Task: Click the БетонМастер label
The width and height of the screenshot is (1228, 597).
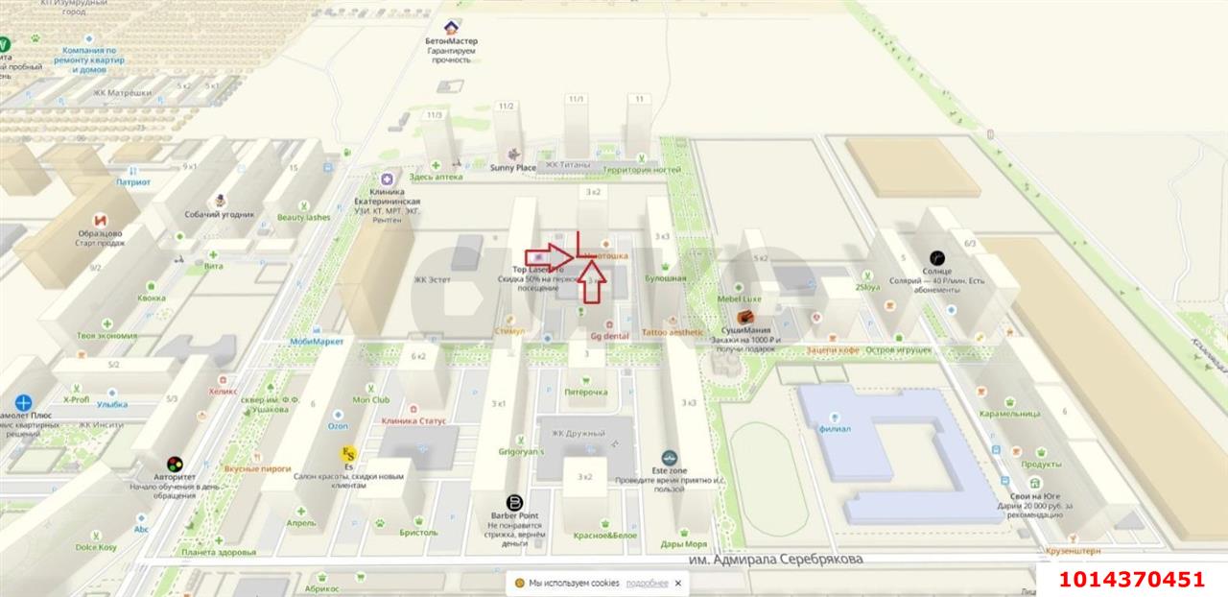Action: [x=451, y=41]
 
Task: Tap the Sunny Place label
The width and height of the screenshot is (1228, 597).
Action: [x=513, y=168]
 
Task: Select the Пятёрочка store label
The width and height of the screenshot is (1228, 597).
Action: [x=585, y=392]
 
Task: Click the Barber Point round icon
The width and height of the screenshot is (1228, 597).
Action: [x=514, y=503]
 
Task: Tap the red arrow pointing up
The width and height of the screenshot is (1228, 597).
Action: [x=594, y=280]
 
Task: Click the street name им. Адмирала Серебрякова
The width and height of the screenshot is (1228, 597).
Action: [x=775, y=559]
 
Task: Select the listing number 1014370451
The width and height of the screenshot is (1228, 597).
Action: [x=1131, y=579]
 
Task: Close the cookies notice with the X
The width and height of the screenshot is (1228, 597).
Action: [x=677, y=583]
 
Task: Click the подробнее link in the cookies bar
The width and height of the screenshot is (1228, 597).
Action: [x=648, y=583]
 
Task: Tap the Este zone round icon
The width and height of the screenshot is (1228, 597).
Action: [x=670, y=458]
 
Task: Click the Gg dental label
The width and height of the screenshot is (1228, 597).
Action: [x=609, y=336]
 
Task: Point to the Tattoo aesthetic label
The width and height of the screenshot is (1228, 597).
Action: [x=672, y=332]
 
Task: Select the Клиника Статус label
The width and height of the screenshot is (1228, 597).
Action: [x=413, y=420]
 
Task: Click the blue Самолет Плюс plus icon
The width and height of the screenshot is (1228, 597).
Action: [x=23, y=403]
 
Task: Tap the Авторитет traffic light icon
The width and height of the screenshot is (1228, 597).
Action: [x=175, y=464]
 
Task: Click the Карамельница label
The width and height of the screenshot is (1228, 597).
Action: [x=1009, y=414]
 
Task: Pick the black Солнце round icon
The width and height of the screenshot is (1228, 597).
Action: [x=937, y=257]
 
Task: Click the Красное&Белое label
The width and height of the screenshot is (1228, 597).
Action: [x=605, y=536]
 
